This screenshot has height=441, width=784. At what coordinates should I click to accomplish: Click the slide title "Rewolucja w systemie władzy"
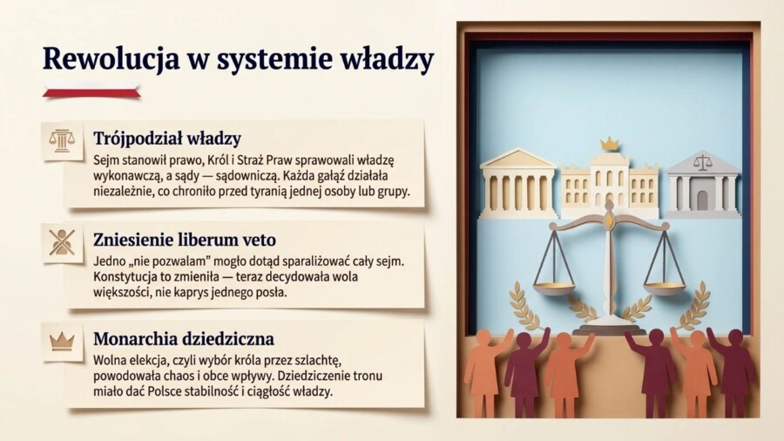tap(238, 58)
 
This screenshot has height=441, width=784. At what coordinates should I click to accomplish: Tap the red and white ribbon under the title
tap(91, 90)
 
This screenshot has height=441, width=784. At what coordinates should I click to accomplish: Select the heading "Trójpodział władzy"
tap(167, 138)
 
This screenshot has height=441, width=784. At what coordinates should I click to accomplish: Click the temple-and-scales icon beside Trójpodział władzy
tap(62, 140)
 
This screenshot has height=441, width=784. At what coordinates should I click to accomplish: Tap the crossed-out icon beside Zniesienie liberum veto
tap(62, 241)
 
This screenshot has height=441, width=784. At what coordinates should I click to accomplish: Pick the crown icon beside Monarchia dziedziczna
tap(62, 341)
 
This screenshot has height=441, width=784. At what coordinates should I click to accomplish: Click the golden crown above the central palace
tap(609, 144)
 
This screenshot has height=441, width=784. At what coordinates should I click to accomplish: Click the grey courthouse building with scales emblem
tap(702, 185)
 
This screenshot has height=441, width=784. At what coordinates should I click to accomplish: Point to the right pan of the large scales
tap(664, 287)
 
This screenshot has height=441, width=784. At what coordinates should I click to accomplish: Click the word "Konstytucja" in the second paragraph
tap(126, 276)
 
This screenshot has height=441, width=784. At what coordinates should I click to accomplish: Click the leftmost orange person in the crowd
tap(482, 370)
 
